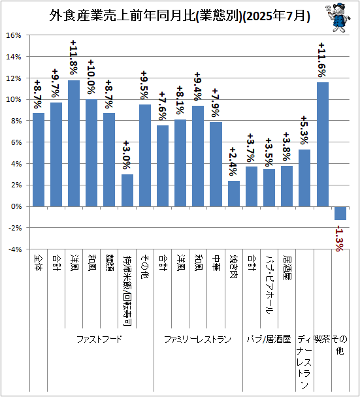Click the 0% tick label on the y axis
16,206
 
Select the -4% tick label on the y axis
15,249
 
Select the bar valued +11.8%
74,143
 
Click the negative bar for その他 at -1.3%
340,214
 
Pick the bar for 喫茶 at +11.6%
323,144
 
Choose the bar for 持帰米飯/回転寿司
127,190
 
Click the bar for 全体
39,159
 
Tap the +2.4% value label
234,163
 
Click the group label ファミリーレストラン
197,340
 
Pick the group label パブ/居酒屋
269,340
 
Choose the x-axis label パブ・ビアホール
269,285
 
